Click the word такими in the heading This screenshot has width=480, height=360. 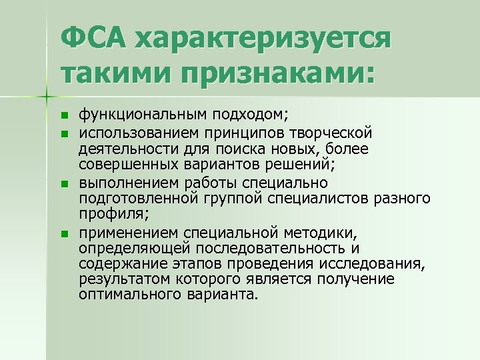(x=117, y=73)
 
